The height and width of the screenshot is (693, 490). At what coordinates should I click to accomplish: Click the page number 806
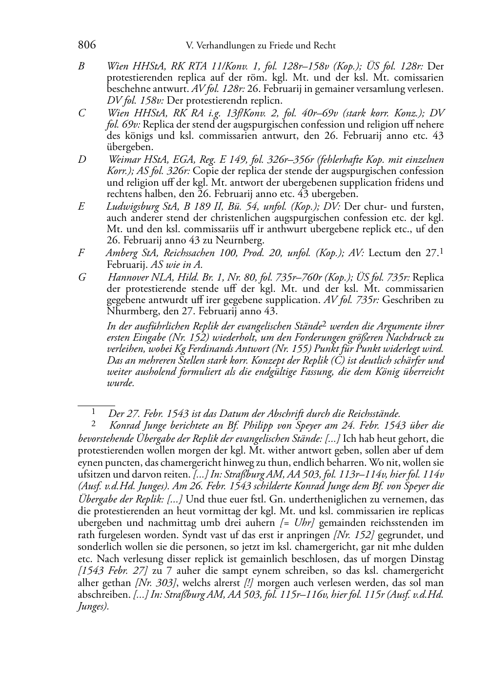pos(87,45)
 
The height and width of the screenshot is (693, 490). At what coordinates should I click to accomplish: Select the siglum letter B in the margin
pos(81,66)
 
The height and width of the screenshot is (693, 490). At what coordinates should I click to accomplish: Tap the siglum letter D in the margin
pos(82,159)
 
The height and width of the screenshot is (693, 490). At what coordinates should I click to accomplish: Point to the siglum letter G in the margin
pos(82,278)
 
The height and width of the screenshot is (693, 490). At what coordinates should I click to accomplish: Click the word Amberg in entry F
pos(121,253)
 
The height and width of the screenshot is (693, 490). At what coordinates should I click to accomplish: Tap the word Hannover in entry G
pos(126,278)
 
